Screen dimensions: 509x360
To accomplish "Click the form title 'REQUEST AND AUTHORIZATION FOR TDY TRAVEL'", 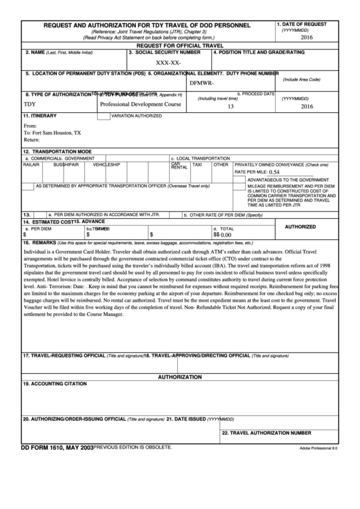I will [147, 25].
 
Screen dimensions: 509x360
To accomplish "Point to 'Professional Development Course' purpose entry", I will [141, 106].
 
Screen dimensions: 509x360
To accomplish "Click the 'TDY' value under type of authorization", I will [29, 106].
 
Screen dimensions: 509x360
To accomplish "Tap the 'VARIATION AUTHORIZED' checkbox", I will [103, 117].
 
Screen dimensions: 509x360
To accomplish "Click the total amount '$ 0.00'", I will [223, 234].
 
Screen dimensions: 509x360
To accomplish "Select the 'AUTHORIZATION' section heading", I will [180, 376].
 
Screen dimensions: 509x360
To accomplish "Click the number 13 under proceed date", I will [231, 107].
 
